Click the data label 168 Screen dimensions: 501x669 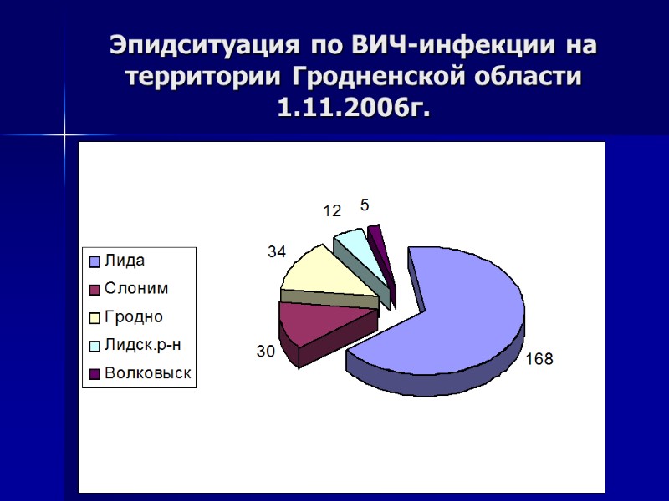click(539, 359)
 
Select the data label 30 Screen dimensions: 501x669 click(265, 352)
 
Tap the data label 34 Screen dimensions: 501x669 click(277, 250)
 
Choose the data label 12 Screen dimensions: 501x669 click(331, 212)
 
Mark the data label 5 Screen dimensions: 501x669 click(364, 205)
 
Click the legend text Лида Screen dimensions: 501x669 click(124, 261)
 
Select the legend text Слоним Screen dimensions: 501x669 click(135, 289)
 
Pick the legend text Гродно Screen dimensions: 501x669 click(133, 317)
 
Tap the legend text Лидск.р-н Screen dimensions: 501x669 click(141, 346)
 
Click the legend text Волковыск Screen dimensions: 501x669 click(147, 374)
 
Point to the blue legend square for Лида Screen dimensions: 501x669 click(95, 261)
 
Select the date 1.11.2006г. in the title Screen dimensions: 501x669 click(354, 109)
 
